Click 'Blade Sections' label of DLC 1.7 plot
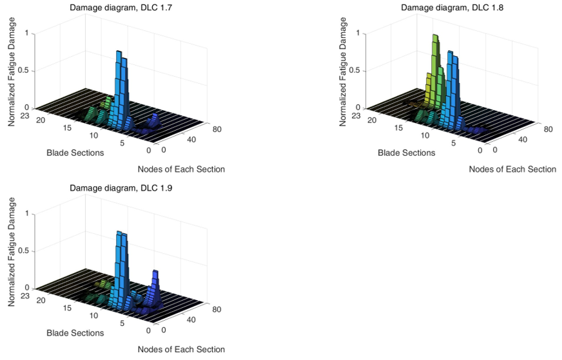click(x=75, y=153)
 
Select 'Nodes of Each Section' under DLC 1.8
click(x=512, y=169)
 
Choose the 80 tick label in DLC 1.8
click(x=548, y=129)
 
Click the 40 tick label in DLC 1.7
click(x=191, y=139)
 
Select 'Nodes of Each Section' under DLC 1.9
click(x=181, y=350)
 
